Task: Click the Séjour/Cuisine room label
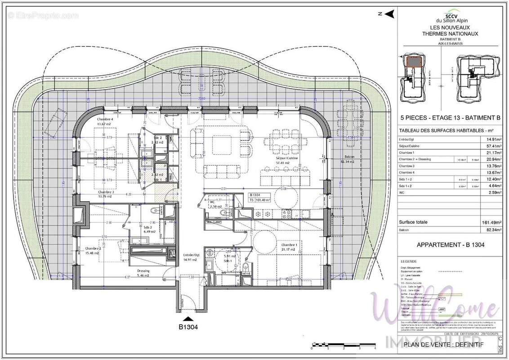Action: pos(288,159)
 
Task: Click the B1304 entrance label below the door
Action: pos(188,328)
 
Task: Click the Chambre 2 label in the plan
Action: pos(93,250)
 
